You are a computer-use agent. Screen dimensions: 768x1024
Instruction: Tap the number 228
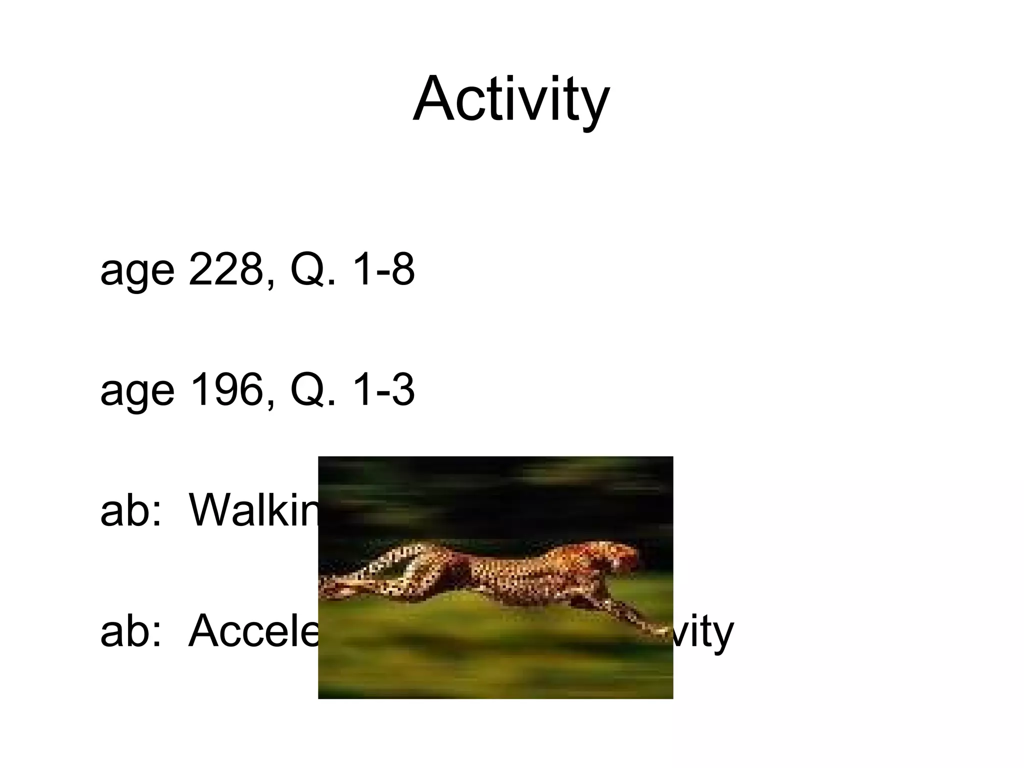coord(226,270)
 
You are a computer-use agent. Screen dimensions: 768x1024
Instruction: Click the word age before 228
coord(137,272)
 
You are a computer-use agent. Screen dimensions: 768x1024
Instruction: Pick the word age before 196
coord(137,393)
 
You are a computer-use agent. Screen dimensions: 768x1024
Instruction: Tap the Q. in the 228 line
coord(312,271)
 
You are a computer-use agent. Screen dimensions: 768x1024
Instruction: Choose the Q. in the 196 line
coord(312,391)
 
